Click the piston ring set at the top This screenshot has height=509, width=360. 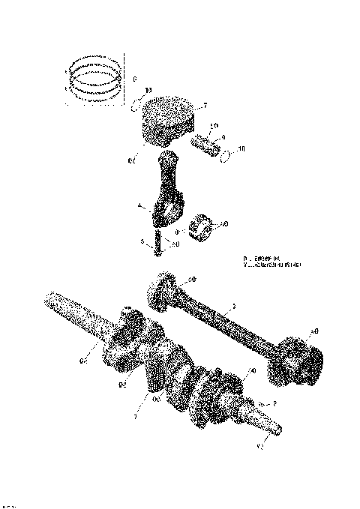(x=97, y=78)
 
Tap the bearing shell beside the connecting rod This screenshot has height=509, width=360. (x=202, y=226)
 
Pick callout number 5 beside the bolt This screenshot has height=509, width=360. (x=142, y=241)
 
